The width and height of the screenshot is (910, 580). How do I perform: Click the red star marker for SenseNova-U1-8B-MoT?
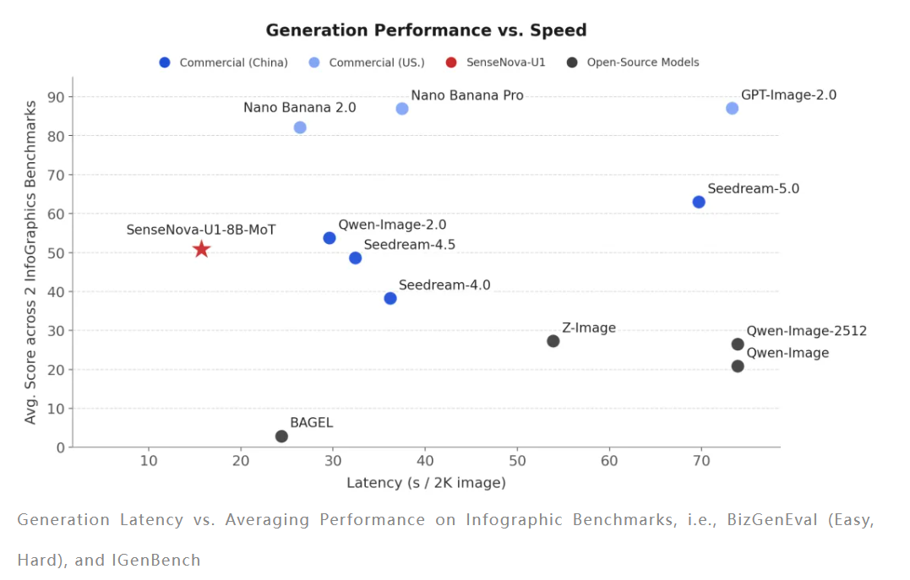pos(201,249)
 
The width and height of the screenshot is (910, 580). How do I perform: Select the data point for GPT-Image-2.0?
pos(732,108)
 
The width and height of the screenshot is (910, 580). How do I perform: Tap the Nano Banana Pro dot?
pos(402,109)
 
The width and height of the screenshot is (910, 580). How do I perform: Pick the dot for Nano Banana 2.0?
pos(300,127)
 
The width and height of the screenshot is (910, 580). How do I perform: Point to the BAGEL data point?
pos(281,436)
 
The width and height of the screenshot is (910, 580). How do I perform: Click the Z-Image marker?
pos(553,341)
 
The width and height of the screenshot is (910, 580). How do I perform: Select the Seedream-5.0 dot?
pos(699,202)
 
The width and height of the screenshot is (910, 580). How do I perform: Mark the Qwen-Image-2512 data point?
pos(738,344)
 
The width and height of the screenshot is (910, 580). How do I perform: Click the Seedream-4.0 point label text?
pos(444,285)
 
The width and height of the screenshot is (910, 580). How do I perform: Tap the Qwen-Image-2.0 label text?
pos(392,225)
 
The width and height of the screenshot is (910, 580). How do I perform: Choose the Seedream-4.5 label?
pos(410,245)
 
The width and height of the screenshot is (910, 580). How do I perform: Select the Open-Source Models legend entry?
pos(643,62)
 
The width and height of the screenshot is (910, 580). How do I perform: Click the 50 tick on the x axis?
pos(517,461)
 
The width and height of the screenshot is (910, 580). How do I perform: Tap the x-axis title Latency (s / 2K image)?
pos(426,483)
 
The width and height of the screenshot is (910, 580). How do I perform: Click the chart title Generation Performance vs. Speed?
pos(426,30)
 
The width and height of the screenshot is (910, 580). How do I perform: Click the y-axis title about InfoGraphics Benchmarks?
pos(31,262)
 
